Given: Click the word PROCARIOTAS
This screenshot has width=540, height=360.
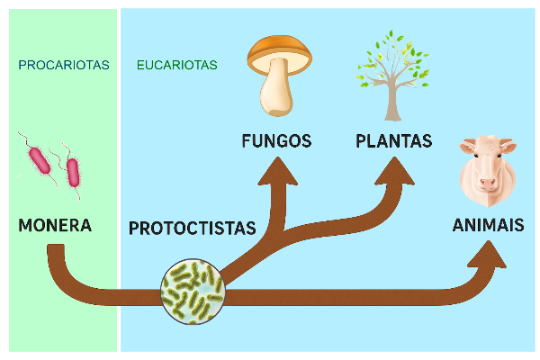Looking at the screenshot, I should pos(63,65).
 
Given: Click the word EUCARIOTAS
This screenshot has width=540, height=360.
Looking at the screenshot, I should pos(176,65).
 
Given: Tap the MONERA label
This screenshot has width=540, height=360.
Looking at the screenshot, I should pos(55,225).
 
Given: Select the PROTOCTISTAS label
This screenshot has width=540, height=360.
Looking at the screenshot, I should pos(192,228).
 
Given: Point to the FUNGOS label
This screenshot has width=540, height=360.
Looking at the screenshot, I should pos(276,141).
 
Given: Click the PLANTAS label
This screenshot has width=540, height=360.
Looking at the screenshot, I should pos(393,141).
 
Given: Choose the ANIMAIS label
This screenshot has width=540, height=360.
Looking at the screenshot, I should pos(488,225).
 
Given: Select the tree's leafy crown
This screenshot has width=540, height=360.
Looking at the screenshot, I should pos(389,58).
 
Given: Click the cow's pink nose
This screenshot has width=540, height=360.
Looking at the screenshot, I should pos(487,183).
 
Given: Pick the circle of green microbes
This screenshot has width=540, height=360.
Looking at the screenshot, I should pos(193,291).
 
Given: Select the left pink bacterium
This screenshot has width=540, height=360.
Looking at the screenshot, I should pos(40,159).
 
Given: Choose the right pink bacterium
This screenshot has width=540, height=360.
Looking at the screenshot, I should pos(73,171).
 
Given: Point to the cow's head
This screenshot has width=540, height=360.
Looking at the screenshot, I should pos(487,166).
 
